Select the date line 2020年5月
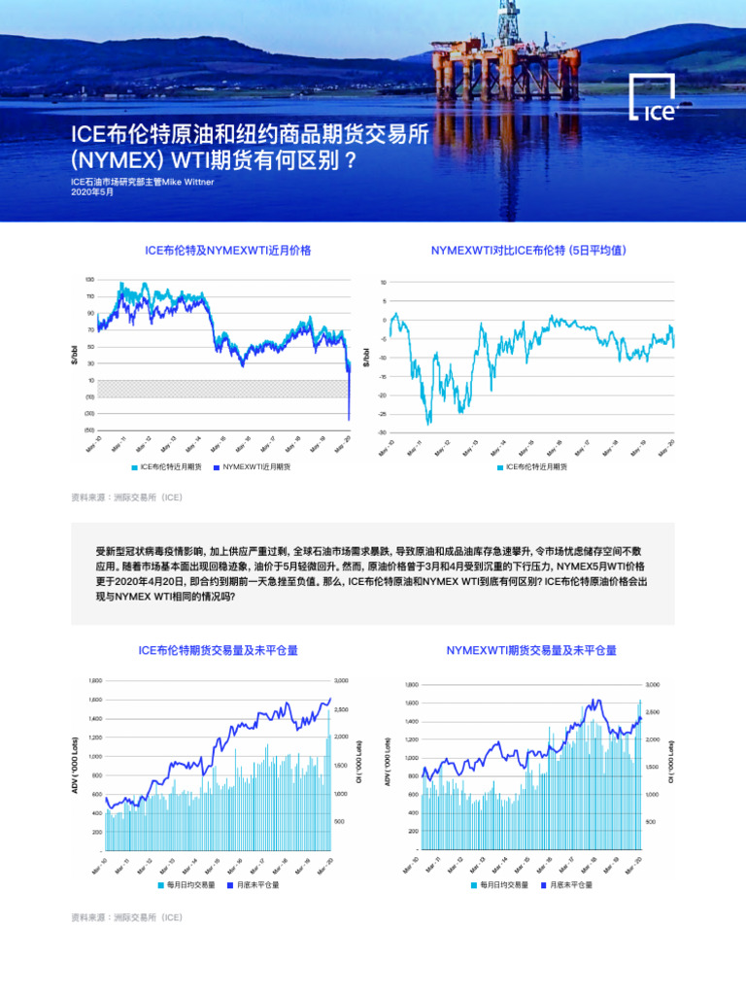[92, 192]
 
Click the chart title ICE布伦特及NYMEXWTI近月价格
[228, 251]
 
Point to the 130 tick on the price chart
[90, 280]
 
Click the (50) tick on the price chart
[89, 429]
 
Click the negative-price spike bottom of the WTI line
[349, 419]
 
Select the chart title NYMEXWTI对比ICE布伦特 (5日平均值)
[529, 251]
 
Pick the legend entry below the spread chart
[535, 467]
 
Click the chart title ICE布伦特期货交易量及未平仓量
[219, 650]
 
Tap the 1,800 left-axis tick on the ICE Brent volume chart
[95, 680]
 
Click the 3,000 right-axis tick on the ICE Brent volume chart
[342, 680]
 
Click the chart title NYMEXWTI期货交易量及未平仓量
[531, 650]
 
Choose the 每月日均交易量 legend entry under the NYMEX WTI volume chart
[503, 885]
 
